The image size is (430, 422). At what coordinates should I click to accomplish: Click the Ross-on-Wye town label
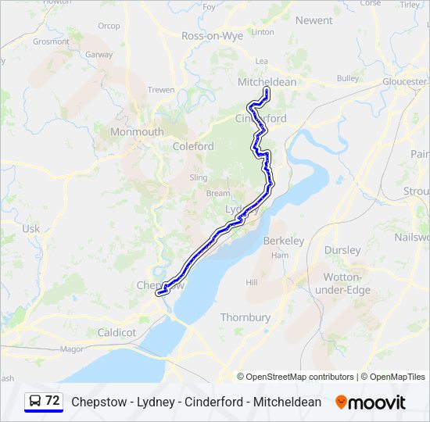click(x=212, y=36)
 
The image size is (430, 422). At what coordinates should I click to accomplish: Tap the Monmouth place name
click(x=137, y=132)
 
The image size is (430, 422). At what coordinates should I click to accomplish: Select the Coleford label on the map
click(x=193, y=146)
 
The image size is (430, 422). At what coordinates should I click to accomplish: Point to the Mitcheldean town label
click(x=267, y=82)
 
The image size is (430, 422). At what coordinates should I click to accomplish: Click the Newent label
click(x=314, y=20)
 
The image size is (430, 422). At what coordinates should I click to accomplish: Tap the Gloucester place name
click(x=405, y=81)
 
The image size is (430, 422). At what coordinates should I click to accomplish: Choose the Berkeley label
click(x=284, y=241)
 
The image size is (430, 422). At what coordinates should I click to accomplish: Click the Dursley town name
click(x=342, y=250)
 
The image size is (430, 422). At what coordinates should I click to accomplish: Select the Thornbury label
click(x=245, y=317)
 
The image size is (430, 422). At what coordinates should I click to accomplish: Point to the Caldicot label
click(x=116, y=332)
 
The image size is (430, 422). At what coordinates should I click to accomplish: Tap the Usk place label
click(x=30, y=228)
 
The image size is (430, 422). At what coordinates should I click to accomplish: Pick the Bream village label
click(x=218, y=193)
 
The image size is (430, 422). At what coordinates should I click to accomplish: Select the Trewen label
click(x=161, y=90)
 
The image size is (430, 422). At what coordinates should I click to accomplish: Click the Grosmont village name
click(x=51, y=41)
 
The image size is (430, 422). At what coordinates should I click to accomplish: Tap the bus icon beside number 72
click(x=35, y=401)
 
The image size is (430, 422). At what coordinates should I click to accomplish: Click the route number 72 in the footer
click(x=52, y=401)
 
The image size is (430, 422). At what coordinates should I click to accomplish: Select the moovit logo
click(x=371, y=402)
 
